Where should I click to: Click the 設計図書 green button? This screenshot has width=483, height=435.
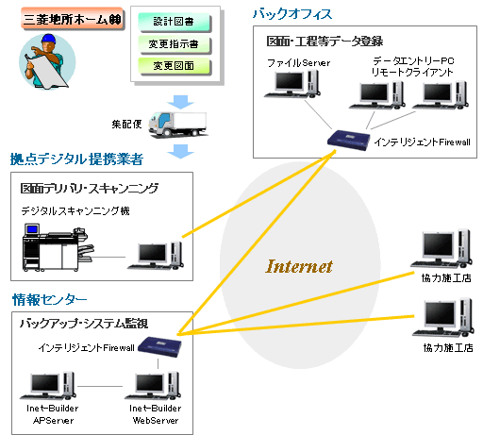(174, 22)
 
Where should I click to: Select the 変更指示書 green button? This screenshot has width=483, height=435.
(174, 44)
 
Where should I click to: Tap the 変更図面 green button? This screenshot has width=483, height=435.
(174, 66)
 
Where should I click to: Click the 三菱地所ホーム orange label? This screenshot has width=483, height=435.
(73, 19)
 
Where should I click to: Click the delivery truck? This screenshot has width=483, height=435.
(178, 125)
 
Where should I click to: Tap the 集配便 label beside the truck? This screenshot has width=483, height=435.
(126, 124)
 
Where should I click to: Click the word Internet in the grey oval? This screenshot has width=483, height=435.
(299, 266)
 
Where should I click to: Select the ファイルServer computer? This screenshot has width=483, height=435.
(292, 84)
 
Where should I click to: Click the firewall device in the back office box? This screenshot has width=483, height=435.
(349, 141)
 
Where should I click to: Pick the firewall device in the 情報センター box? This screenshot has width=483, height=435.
(160, 346)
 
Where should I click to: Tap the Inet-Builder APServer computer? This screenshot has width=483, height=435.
(48, 386)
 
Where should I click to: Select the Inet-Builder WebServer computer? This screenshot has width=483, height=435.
(153, 386)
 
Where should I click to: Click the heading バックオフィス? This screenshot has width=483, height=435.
(292, 14)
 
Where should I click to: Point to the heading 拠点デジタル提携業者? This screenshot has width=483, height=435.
(76, 159)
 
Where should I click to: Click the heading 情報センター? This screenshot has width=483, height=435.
(50, 300)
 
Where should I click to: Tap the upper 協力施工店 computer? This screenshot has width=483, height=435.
(441, 249)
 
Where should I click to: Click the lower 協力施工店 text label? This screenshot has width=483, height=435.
(448, 348)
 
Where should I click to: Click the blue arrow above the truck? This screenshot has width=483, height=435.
(180, 102)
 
